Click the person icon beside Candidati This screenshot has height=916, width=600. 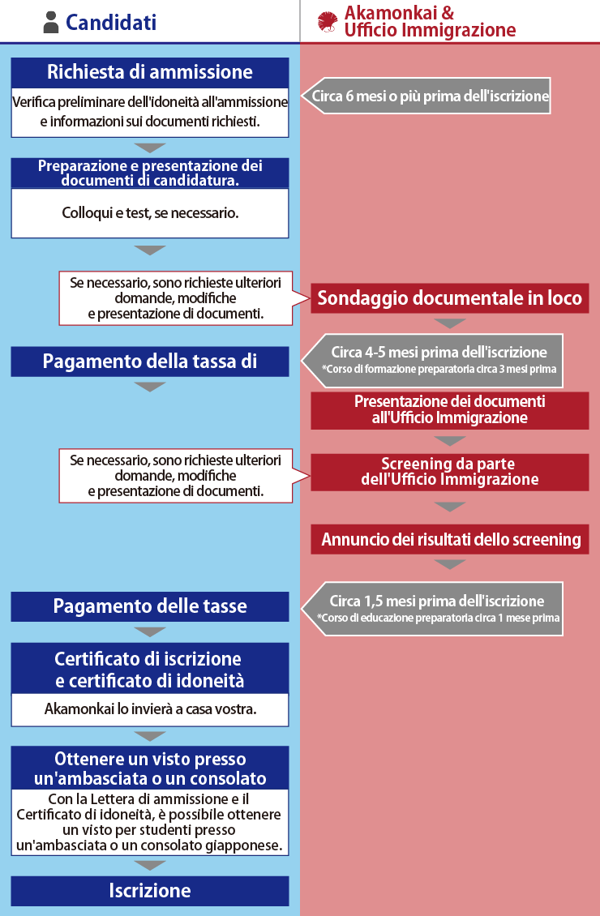[52, 23]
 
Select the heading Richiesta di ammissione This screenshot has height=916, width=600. [150, 72]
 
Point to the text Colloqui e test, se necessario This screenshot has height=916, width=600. [150, 213]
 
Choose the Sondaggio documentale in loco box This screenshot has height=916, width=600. [449, 297]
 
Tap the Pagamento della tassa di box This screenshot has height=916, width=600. [150, 362]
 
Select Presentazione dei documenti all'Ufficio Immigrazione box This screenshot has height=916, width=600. [449, 410]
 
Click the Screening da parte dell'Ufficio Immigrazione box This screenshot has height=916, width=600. [449, 472]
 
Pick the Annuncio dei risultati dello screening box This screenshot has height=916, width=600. [449, 539]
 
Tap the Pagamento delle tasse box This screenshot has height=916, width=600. [150, 606]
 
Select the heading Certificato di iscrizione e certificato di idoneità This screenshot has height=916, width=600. [150, 669]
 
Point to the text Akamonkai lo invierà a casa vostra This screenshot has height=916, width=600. [150, 709]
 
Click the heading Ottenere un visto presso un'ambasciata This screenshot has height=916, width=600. [150, 768]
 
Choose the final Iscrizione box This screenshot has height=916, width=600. [150, 891]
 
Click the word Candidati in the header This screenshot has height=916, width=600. [111, 23]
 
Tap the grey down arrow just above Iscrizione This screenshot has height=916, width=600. [150, 865]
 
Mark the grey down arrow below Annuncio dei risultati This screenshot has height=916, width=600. [449, 564]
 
